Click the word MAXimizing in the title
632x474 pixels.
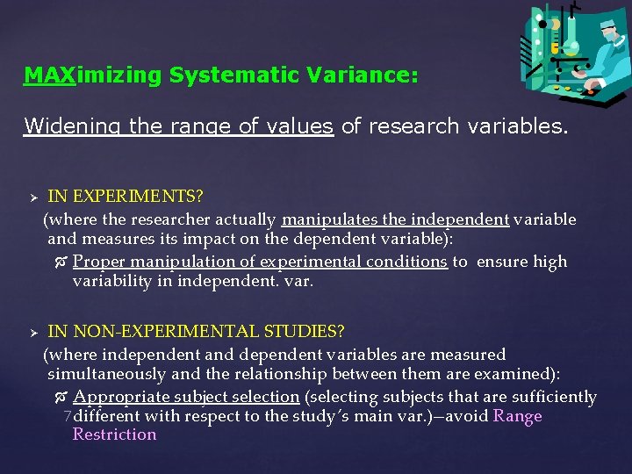point(93,76)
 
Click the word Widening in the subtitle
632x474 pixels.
point(73,126)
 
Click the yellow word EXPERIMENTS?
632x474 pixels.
point(124,196)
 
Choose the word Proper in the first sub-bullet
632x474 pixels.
point(99,262)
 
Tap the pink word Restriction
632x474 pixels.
point(114,434)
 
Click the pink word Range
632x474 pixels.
point(518,416)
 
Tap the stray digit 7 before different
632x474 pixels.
point(68,416)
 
